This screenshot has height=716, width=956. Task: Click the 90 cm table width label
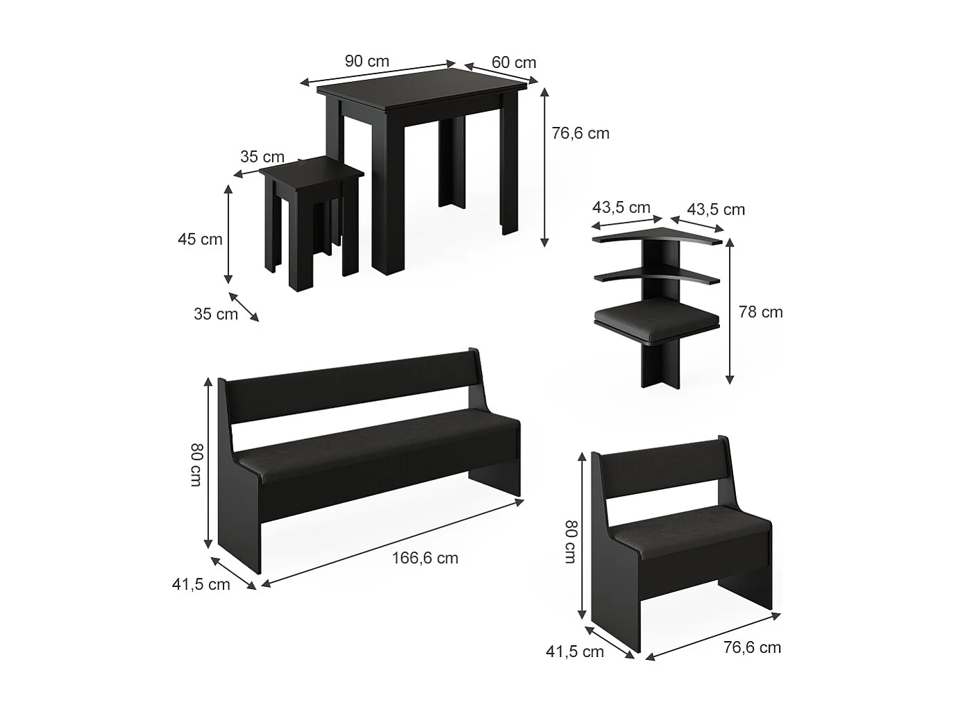coord(367,61)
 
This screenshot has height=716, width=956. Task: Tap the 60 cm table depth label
coord(514,62)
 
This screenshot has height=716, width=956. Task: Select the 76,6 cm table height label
coord(580,133)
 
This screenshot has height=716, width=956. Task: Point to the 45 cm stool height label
coord(200,239)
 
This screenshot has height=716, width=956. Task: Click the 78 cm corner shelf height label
coord(761,312)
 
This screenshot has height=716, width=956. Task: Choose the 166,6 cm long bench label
coord(425,558)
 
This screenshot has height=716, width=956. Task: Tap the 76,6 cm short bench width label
coord(752,647)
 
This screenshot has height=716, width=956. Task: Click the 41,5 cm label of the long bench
coord(201,584)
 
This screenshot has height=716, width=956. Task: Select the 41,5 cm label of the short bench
coord(575,651)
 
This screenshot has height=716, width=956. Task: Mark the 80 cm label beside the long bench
coord(196,465)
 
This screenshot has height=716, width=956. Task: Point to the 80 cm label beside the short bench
coord(570,542)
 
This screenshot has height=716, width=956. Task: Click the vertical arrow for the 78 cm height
coord(729,313)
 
